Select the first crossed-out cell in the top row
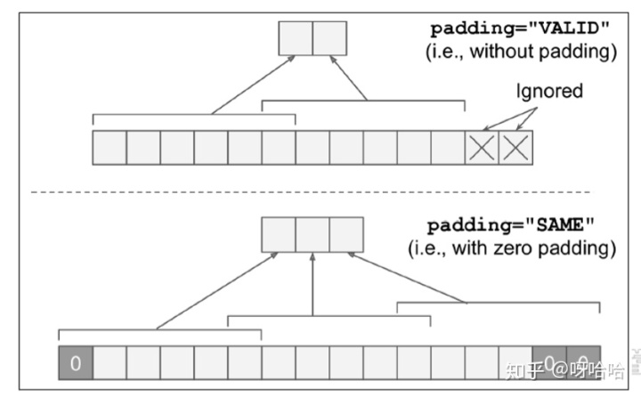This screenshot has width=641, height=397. pos(482,148)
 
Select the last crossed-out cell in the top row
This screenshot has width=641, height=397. pos(515,148)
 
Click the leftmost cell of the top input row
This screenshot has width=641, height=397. pos(110,148)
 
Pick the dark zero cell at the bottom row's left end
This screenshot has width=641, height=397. pos(75,363)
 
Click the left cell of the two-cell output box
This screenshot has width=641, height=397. pos(296,39)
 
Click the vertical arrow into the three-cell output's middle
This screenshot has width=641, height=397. pos(312,285)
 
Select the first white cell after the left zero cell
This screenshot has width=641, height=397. pos(110,363)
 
